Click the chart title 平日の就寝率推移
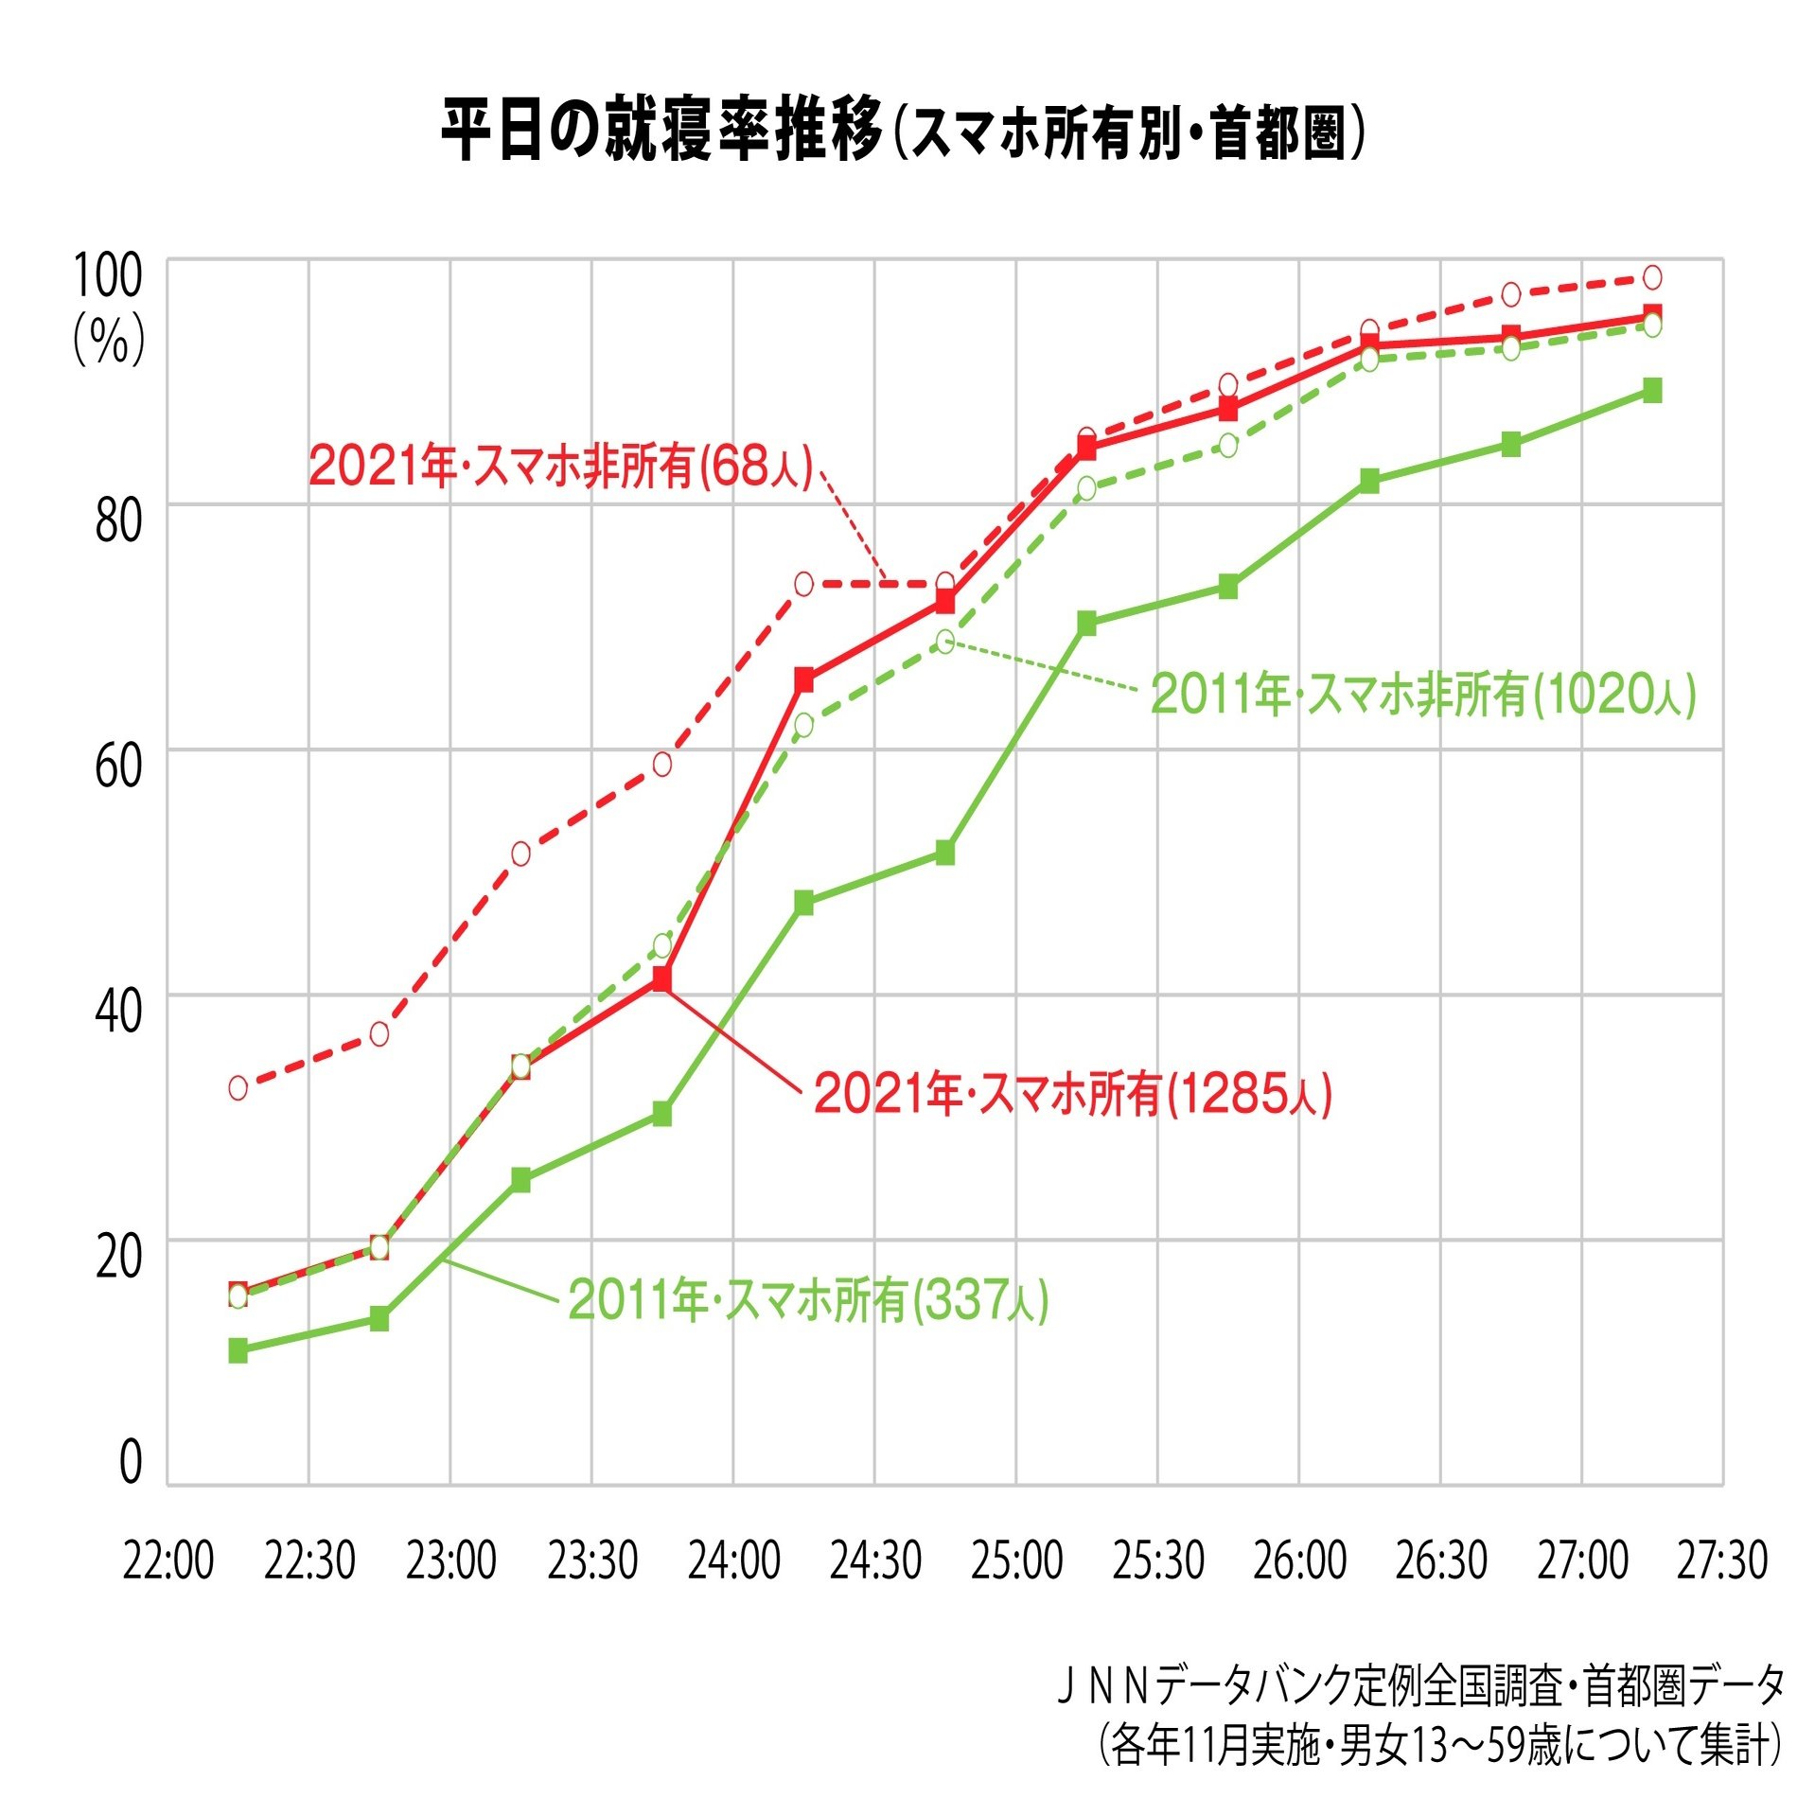[662, 130]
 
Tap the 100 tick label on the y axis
[108, 275]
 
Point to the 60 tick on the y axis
[118, 766]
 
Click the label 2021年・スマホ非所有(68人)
[561, 466]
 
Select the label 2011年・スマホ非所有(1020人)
[1422, 694]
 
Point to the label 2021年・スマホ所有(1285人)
[1073, 1094]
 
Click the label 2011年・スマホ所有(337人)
[808, 1300]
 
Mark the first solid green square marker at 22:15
[238, 1350]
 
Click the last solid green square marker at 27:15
[1652, 391]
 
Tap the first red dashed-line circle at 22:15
[238, 1088]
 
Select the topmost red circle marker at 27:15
[1652, 277]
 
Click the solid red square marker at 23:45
[662, 978]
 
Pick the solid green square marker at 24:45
[945, 853]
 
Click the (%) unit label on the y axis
[110, 340]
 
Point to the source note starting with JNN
[1419, 1686]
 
